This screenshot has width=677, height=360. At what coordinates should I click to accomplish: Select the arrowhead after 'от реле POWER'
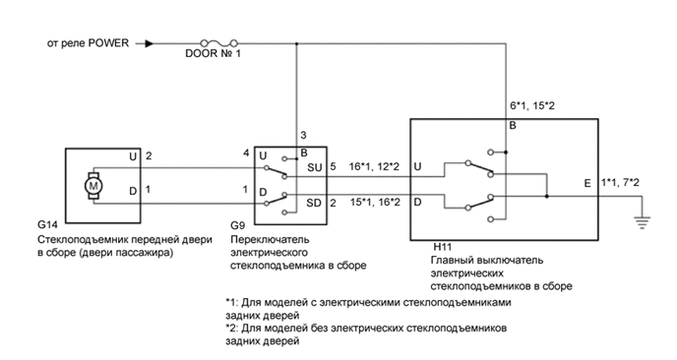tap(149, 43)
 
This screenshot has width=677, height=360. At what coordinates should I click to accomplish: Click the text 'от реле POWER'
tap(88, 43)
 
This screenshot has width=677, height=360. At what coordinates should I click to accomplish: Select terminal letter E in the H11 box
tap(587, 183)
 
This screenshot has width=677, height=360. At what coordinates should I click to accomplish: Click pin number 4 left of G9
tap(245, 152)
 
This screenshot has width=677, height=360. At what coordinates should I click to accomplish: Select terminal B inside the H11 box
tap(513, 126)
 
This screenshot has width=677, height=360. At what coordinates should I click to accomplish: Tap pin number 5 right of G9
tap(334, 166)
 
